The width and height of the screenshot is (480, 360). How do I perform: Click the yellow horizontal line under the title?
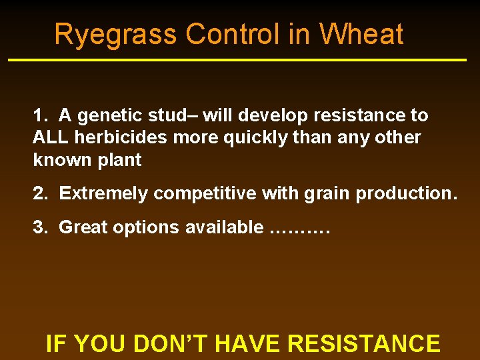237,60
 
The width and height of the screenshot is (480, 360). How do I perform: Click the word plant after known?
119,160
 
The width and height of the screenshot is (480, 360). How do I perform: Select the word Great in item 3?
83,227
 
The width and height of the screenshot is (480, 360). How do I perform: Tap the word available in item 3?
224,227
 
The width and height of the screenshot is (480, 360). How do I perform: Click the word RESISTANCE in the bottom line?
363,343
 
